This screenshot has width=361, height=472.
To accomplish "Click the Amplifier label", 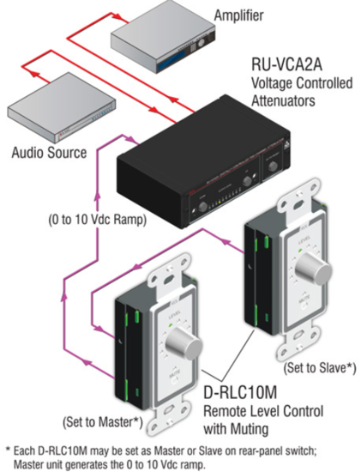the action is tap(238, 15).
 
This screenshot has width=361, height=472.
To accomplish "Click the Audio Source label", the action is tap(49, 152).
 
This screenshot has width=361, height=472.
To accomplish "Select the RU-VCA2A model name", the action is tap(286, 65).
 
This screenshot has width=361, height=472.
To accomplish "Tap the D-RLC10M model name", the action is tap(240, 391).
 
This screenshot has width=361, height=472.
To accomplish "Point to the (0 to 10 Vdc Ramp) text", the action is tap(98, 220).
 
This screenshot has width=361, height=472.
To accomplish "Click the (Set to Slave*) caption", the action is tap(320, 368).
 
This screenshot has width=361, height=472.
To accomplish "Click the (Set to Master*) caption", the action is tap(102, 421).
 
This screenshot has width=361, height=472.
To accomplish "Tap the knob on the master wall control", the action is tap(184, 343).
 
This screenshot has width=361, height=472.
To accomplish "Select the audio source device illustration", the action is tap(62, 108).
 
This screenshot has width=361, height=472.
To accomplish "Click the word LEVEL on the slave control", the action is tap(303, 242).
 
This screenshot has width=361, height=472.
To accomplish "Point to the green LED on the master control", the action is tap(171, 324).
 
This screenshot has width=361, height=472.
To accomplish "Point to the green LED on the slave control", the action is tap(300, 251).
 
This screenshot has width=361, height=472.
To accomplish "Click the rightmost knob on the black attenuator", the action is tap(273, 166).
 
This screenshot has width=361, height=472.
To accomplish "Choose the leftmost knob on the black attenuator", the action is tap(202, 207).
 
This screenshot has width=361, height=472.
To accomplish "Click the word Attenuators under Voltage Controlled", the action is tap(283, 100).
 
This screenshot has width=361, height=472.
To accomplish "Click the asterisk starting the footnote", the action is tap(8, 450).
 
